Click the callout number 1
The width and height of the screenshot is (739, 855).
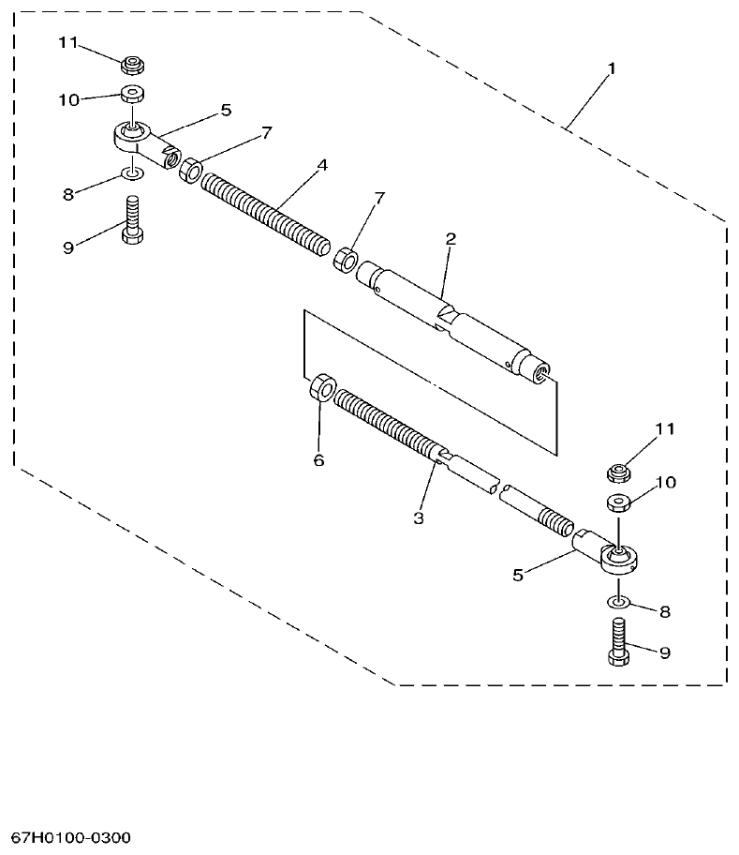611,68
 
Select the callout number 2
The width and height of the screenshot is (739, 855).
450,240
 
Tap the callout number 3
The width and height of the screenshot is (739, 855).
419,517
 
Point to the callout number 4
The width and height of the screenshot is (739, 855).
321,165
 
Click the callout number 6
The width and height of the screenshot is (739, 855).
318,460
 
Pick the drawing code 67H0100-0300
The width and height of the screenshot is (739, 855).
71,835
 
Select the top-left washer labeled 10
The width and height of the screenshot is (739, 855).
131,95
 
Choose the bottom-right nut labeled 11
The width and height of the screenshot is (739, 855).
619,470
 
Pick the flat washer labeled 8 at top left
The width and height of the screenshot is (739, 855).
132,174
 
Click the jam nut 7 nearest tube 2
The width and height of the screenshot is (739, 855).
347,259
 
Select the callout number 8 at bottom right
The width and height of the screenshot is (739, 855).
664,611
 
